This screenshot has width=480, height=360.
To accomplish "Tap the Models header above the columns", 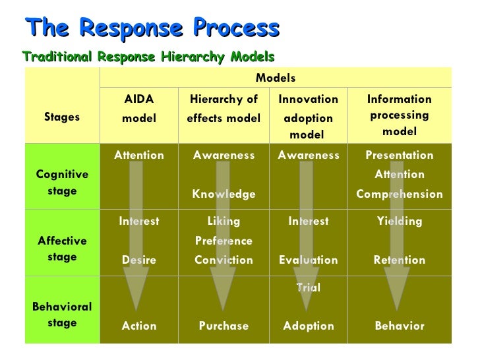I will pos(275,78).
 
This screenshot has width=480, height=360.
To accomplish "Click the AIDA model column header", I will pos(139,109).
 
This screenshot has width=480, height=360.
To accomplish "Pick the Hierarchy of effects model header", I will pos(224,109).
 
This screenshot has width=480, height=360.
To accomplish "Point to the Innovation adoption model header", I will pos(308,117).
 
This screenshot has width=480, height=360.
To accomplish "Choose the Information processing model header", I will pos(399,115).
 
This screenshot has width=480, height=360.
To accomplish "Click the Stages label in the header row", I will pos(62,117).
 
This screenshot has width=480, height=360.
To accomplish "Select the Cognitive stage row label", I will pos(62,183).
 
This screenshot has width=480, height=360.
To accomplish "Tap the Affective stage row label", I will pos(62,249).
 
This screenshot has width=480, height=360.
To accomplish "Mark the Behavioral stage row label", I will pos(62,315).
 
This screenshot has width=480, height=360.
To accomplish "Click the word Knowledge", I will pos(224,194).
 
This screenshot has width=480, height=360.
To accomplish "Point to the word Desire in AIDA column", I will pos(139,260).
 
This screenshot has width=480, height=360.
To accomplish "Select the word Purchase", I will pos(224,326).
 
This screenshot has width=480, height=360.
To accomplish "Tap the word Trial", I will pos(308,287).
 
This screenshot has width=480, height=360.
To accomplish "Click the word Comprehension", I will pos(399,194).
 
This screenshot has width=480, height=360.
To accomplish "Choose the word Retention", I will pos(399,260).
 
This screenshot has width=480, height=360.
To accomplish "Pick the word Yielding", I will pos(399,222).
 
